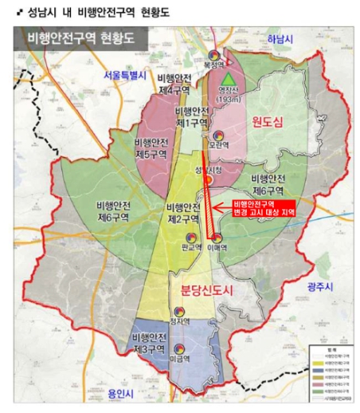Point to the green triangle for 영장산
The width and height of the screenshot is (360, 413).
click(x=229, y=79)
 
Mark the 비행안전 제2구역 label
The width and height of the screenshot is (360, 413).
click(x=183, y=213)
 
